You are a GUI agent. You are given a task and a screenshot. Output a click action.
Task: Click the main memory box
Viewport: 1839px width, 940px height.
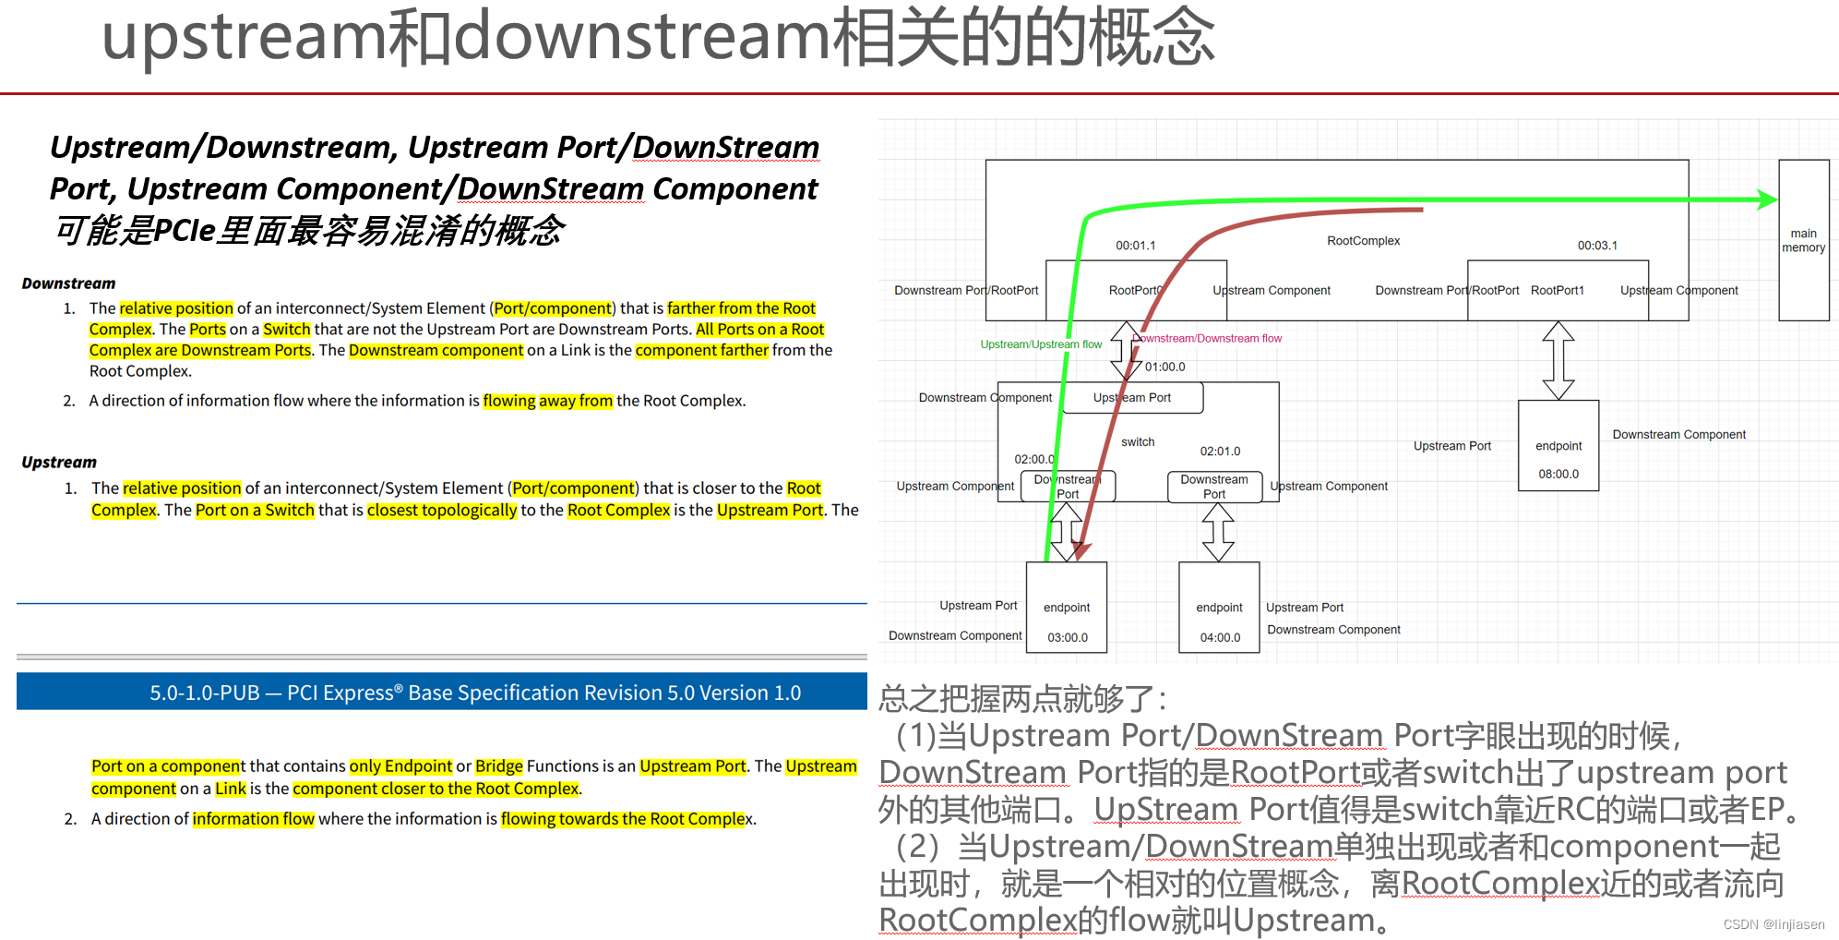point(1803,240)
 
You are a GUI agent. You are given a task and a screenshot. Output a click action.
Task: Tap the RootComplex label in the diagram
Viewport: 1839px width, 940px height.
point(1363,241)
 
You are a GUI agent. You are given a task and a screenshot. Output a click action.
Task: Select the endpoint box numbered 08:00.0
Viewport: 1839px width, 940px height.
point(1558,446)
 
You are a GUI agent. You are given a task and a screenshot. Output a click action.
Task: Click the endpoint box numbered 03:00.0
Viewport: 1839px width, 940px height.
point(1067,609)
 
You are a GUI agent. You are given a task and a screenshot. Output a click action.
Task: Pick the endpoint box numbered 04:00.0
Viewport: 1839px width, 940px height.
point(1219,609)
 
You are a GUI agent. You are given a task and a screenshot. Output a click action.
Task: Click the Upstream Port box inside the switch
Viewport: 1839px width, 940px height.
point(1133,398)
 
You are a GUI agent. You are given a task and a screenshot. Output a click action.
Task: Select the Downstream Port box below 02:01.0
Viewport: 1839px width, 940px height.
point(1214,487)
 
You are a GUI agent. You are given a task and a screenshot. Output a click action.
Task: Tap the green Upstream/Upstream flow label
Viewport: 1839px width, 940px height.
point(1041,344)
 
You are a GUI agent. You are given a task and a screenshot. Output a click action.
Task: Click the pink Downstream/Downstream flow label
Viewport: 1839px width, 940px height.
point(1207,338)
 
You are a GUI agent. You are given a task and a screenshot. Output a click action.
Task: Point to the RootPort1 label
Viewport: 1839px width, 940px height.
point(1557,290)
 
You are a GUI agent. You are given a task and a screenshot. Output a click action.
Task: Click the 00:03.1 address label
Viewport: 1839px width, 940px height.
point(1597,246)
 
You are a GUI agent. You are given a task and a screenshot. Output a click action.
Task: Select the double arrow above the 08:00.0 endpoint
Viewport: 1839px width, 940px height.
point(1558,360)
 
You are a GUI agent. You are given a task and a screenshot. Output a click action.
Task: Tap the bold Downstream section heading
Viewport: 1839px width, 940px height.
point(68,283)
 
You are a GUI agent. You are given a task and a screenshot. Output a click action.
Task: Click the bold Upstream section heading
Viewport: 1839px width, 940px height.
point(59,462)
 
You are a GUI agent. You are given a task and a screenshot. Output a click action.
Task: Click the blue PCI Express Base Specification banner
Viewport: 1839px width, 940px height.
point(441,692)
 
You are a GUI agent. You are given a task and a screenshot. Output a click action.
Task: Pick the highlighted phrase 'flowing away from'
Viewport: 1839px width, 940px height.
point(547,401)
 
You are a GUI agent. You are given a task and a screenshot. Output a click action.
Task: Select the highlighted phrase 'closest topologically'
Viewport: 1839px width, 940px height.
point(442,511)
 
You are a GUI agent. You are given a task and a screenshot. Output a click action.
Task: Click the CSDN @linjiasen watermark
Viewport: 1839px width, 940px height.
point(1773,924)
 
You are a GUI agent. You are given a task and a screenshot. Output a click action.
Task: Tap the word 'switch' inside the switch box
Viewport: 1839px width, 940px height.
point(1138,442)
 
